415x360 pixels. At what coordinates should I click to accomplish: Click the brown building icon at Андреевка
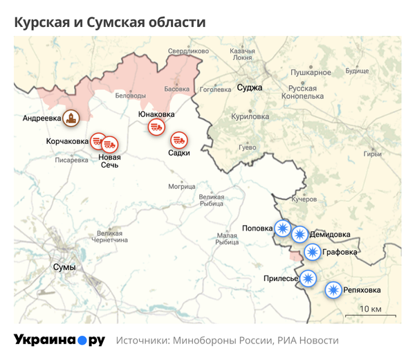click(x=69, y=118)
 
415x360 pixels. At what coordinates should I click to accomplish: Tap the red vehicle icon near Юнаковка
click(x=156, y=127)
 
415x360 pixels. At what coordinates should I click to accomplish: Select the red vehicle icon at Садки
click(x=179, y=140)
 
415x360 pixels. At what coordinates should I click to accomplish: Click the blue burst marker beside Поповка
click(x=282, y=228)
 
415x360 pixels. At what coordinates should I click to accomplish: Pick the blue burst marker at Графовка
click(x=313, y=252)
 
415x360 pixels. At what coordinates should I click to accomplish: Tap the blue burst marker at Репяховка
click(x=333, y=290)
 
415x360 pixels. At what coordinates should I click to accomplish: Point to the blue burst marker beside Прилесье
click(x=308, y=278)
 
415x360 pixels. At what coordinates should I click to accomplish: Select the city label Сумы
click(x=64, y=267)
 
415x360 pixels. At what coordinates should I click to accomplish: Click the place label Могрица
click(x=182, y=186)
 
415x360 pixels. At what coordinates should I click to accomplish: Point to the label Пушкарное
click(x=311, y=72)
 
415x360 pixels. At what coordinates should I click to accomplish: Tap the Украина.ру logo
click(x=59, y=340)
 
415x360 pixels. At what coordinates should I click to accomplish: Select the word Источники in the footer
click(x=145, y=341)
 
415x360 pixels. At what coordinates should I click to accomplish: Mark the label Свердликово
click(x=188, y=51)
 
